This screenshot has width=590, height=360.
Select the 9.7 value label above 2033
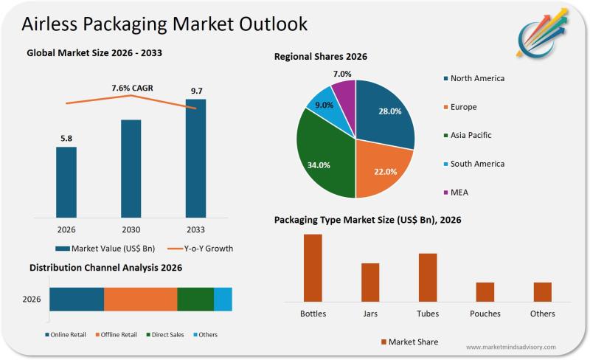[195, 91]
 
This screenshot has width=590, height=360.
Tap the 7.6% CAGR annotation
[132, 88]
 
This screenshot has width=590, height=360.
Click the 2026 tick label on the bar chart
[66, 229]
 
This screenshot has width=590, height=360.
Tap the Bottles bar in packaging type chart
[313, 268]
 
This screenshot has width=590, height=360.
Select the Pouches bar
[485, 291]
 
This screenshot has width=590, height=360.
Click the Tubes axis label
[428, 314]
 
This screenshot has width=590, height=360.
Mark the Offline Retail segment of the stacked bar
[140, 299]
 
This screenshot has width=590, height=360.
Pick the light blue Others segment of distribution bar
[223, 299]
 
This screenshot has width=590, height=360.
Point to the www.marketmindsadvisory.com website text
[511, 347]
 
